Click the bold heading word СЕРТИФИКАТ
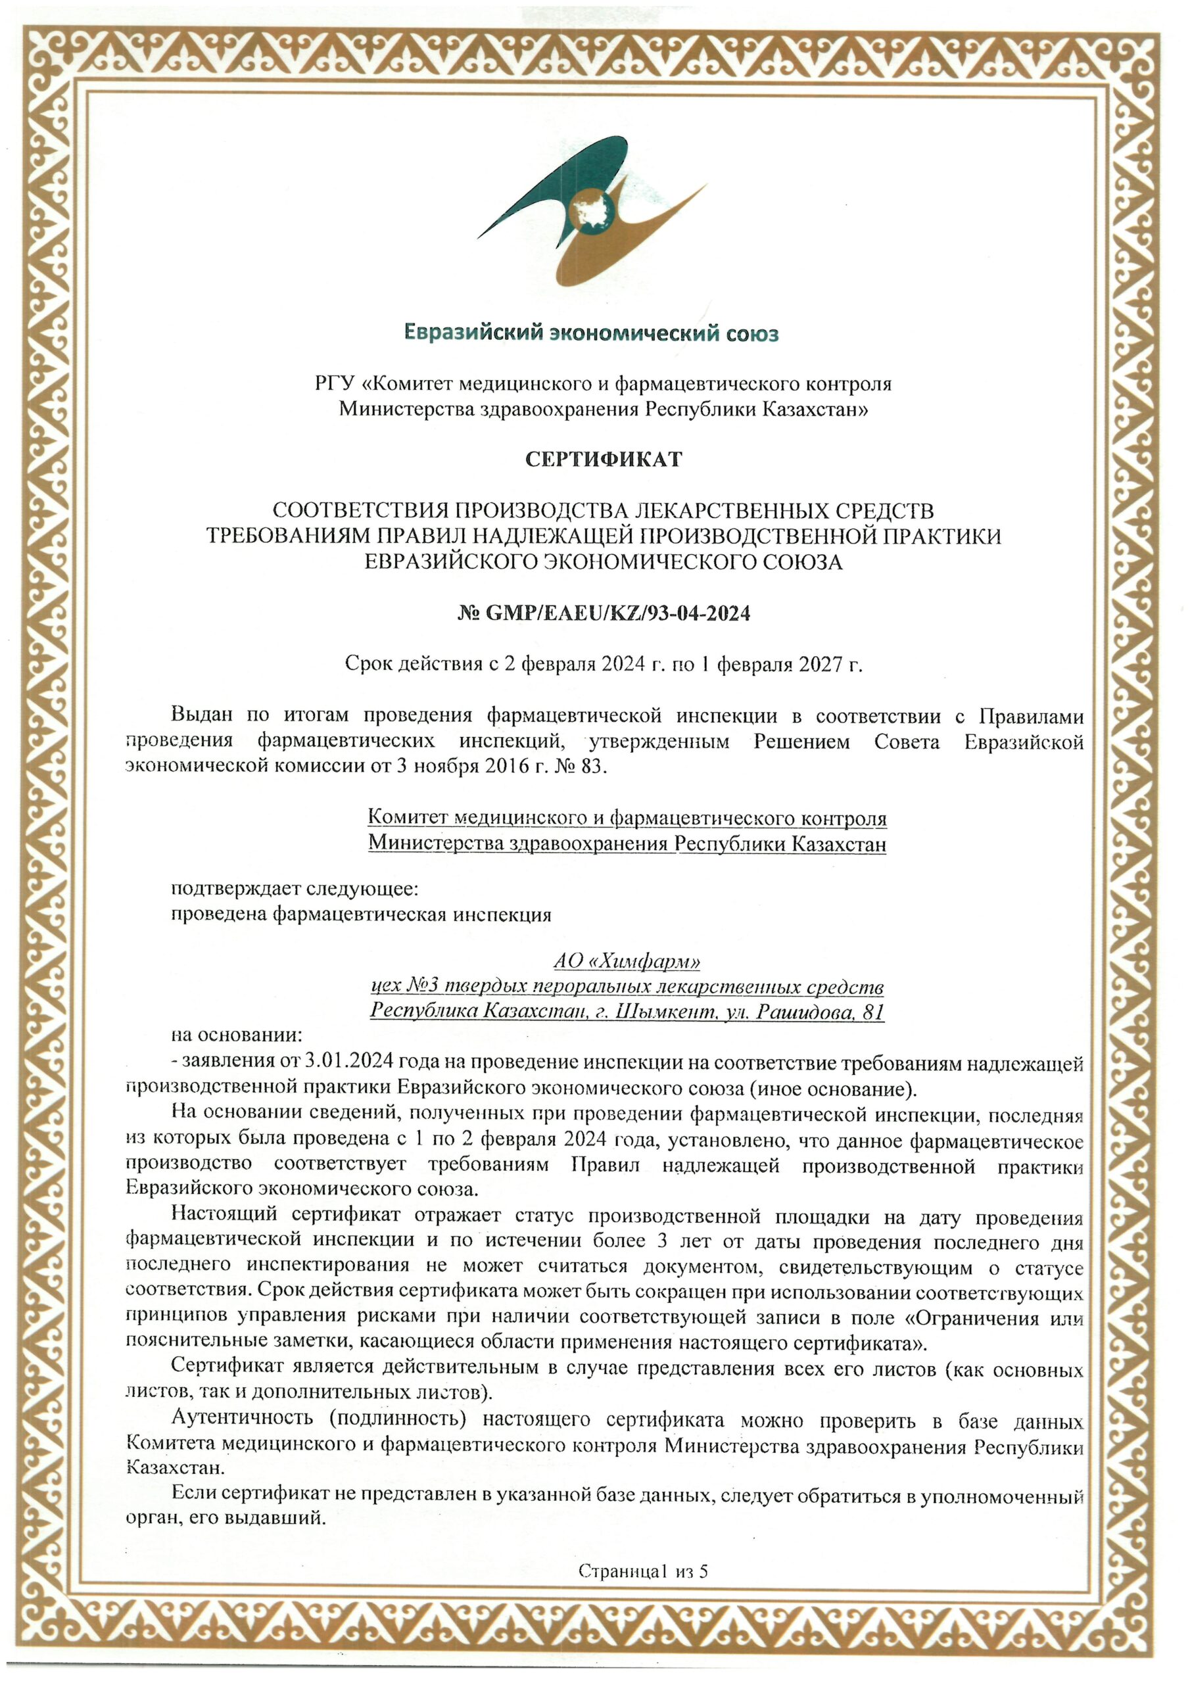coord(604,460)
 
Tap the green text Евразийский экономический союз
coord(591,334)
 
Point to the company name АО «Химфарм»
coord(626,960)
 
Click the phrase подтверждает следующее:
coord(294,889)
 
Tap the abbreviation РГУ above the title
coord(335,383)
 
